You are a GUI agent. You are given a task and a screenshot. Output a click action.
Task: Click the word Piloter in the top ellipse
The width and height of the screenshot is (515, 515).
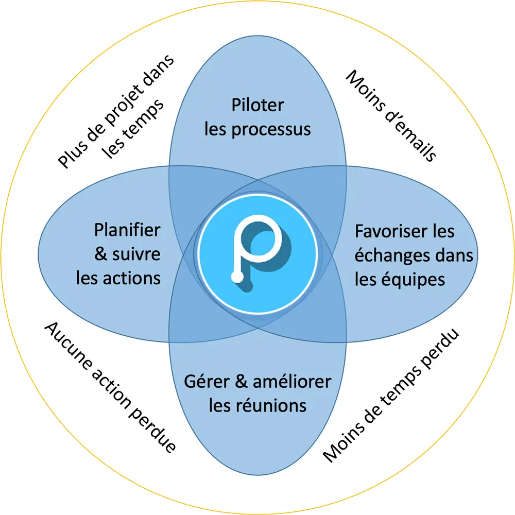coord(257,106)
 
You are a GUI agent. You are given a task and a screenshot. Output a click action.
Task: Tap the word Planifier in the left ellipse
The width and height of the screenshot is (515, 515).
coord(127,230)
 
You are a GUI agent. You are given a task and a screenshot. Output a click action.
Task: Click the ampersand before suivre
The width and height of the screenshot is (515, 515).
coord(101,254)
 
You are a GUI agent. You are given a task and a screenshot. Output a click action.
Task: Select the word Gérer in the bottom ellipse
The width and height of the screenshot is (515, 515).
coord(209,382)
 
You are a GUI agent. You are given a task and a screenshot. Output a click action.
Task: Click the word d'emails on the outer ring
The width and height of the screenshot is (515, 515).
coord(407,131)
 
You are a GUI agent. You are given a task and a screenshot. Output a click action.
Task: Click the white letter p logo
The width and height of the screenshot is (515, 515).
coord(257,248)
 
